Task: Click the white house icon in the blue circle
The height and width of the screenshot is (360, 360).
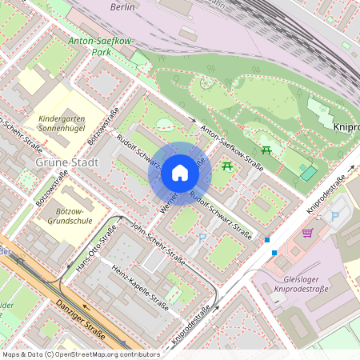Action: pos(180,173)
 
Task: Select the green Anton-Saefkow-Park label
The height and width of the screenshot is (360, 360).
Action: pos(100,45)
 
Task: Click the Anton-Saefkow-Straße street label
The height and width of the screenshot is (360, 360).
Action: pos(232,147)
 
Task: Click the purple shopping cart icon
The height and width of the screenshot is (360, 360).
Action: pos(307,233)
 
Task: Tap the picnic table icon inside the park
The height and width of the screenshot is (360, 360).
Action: pos(266,149)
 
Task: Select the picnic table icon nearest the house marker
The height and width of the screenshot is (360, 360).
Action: pos(228,165)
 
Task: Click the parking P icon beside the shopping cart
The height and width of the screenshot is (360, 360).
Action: pos(335,216)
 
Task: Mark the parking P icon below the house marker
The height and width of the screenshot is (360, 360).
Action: pos(202,238)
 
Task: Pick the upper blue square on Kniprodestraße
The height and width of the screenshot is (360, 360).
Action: pos(267,240)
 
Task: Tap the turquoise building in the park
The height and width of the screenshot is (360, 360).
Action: pos(308,171)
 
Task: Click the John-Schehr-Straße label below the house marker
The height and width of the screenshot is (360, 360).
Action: pos(158,242)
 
